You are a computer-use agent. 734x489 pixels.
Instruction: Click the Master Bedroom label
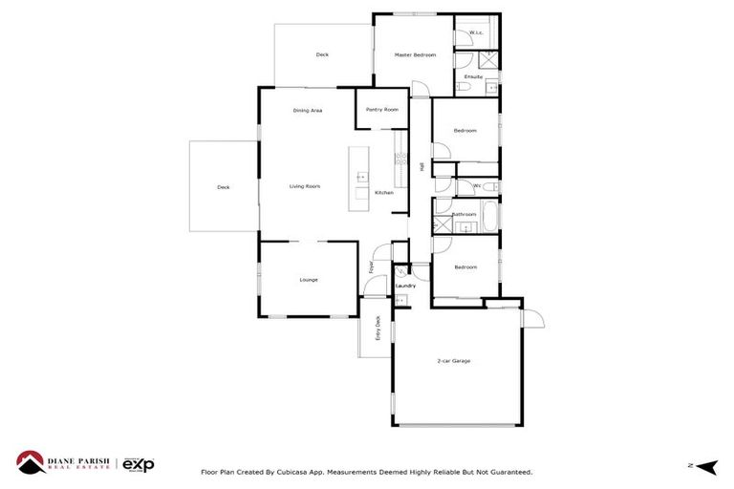point(416,55)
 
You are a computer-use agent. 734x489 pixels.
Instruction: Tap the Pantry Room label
point(381,110)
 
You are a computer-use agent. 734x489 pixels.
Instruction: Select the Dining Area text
point(308,111)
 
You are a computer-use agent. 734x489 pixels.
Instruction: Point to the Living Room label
point(305,186)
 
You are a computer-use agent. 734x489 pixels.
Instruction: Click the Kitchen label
point(383,193)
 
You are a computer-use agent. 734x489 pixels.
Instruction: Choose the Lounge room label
point(308,280)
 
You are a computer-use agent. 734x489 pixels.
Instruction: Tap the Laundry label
point(404,286)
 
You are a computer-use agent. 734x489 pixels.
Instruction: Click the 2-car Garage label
point(454,361)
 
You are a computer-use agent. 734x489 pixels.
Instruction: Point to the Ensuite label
point(474,76)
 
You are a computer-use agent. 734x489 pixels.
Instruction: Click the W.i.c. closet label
point(476,33)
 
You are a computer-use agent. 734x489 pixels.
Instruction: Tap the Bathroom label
point(464,214)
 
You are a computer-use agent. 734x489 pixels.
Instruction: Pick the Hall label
point(421,166)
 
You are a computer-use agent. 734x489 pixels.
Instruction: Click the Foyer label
point(372,267)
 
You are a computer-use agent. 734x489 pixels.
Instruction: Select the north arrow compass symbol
point(706,465)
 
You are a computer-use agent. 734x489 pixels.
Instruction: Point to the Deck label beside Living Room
point(224,187)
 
